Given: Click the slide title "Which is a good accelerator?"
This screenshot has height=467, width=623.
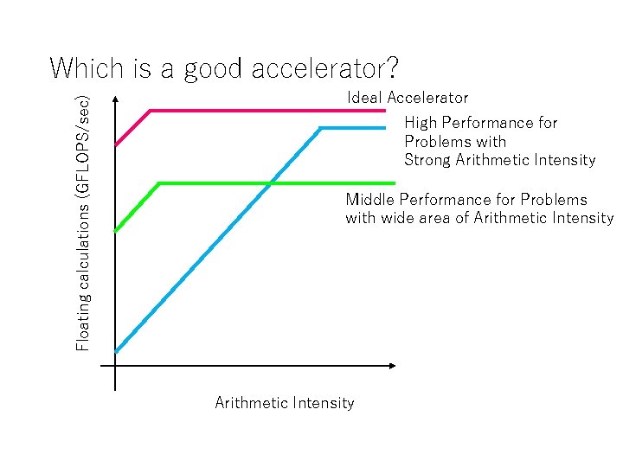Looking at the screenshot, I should (223, 67).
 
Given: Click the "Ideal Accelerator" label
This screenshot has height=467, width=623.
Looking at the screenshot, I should (408, 98).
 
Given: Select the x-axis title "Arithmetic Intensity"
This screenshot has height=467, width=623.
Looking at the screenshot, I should (284, 403).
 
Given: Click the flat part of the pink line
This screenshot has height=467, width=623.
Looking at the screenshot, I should (268, 111).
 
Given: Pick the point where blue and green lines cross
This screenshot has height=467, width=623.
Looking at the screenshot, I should (270, 183).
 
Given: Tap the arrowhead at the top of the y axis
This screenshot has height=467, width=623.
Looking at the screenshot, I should (115, 99).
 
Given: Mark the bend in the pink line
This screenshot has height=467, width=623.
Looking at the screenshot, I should (151, 111).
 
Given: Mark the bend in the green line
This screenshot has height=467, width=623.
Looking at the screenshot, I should (160, 183).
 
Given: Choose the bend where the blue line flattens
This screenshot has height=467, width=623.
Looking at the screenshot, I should (321, 128).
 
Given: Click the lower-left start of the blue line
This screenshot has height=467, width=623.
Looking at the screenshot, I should (117, 351).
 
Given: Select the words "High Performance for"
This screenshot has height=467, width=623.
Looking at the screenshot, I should (480, 123).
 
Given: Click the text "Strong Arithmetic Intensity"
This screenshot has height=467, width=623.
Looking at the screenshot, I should (499, 160).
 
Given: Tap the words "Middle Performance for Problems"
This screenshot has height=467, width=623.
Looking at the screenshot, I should (466, 200).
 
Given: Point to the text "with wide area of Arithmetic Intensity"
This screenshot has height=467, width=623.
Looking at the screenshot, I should (478, 218).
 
